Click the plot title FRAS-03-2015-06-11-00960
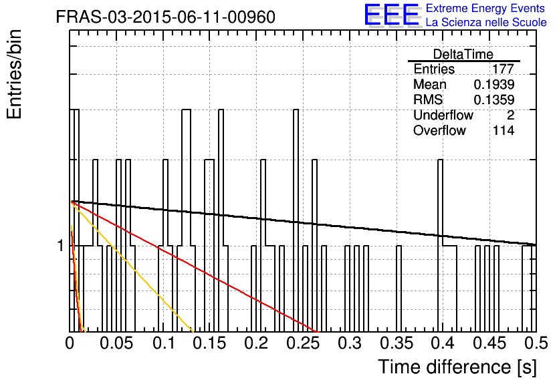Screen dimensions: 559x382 point(165,17)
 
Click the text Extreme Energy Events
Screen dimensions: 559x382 point(485,8)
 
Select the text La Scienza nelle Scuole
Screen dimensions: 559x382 point(486,22)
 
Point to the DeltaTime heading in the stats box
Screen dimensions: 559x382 point(463,54)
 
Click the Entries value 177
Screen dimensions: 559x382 point(503,69)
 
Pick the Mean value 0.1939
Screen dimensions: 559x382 point(493,84)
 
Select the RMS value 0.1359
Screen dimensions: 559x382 point(493,100)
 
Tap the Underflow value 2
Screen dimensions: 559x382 point(510,115)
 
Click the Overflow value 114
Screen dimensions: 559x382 point(504,130)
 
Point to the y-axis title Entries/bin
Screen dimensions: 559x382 point(14,74)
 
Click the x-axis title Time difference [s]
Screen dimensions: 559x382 point(457,367)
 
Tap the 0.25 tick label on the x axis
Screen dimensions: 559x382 point(303,343)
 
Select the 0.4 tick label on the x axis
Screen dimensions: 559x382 point(443,343)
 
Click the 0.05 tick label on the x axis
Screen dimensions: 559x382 point(116,343)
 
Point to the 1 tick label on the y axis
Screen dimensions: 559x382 point(61,245)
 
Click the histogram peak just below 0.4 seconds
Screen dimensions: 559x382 point(440,160)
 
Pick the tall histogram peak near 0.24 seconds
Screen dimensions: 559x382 point(296,110)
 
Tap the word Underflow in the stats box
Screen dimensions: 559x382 point(443,115)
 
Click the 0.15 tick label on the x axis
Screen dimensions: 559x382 point(209,343)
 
